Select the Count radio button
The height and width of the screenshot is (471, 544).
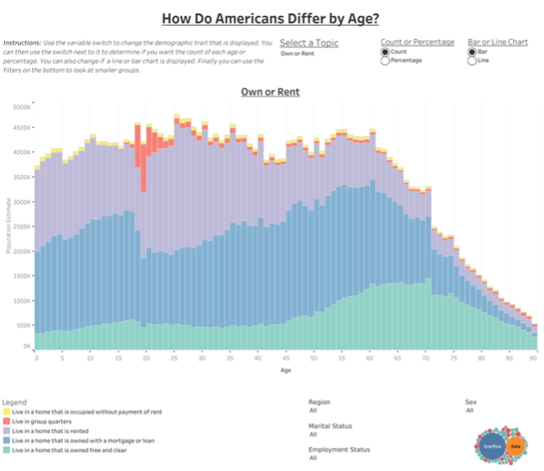point(385,51)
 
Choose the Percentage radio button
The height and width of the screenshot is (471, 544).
point(385,61)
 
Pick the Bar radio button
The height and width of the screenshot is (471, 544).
point(472,51)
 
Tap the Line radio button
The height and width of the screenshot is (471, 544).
point(472,61)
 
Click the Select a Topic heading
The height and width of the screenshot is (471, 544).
point(308,42)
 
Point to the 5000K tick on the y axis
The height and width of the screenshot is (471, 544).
point(21,107)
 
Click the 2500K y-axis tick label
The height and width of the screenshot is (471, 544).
point(21,226)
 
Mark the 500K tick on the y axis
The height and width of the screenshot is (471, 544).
point(22,323)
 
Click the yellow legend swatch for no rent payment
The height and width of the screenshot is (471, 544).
point(7,412)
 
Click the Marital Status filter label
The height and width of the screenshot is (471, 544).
point(330,425)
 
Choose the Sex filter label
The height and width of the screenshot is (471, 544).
point(470,401)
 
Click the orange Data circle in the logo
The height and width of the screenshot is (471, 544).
point(516,446)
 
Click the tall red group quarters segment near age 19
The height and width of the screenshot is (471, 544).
point(143,166)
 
